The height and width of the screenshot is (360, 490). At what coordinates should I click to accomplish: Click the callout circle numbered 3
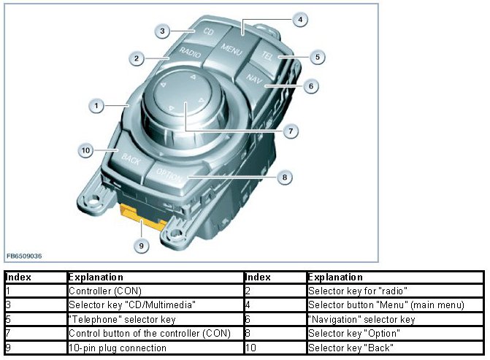(x=163, y=31)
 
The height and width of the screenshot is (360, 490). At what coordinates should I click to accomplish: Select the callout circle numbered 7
(x=290, y=131)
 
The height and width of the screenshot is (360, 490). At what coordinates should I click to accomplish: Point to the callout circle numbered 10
(x=85, y=150)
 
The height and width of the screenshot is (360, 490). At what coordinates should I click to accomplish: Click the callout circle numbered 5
(x=315, y=56)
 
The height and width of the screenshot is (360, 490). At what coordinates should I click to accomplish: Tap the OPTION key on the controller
(x=174, y=176)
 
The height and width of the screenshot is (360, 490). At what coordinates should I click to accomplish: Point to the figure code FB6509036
(x=24, y=256)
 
